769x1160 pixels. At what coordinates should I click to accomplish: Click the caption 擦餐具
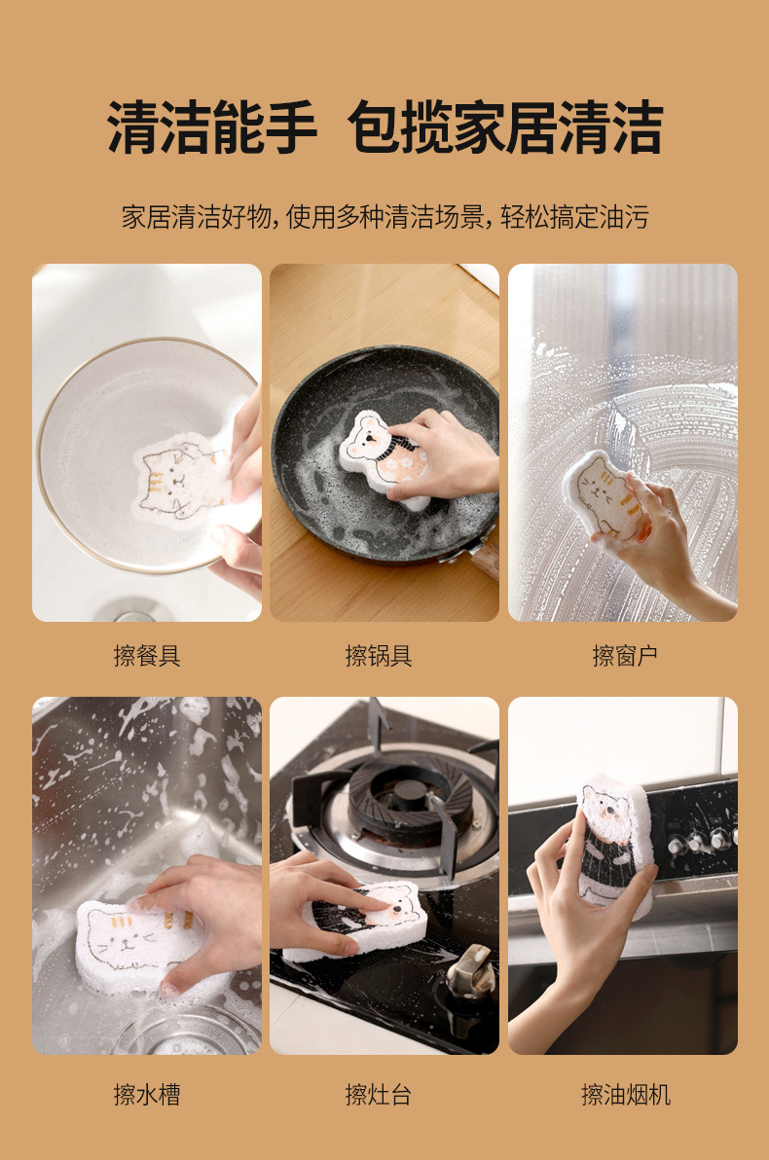pyautogui.click(x=147, y=656)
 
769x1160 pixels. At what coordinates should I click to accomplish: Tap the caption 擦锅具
pyautogui.click(x=379, y=656)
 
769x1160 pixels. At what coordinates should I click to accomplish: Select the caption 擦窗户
pyautogui.click(x=625, y=656)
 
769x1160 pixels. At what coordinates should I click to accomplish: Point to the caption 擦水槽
pyautogui.click(x=147, y=1095)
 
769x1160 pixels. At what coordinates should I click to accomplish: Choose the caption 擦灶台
pyautogui.click(x=379, y=1095)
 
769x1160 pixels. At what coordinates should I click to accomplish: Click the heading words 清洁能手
pyautogui.click(x=212, y=127)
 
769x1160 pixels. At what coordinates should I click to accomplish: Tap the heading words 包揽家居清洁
pyautogui.click(x=505, y=127)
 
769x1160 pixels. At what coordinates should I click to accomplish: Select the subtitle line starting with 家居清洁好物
pyautogui.click(x=384, y=216)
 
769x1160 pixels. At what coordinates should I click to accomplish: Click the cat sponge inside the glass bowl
pyautogui.click(x=180, y=477)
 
